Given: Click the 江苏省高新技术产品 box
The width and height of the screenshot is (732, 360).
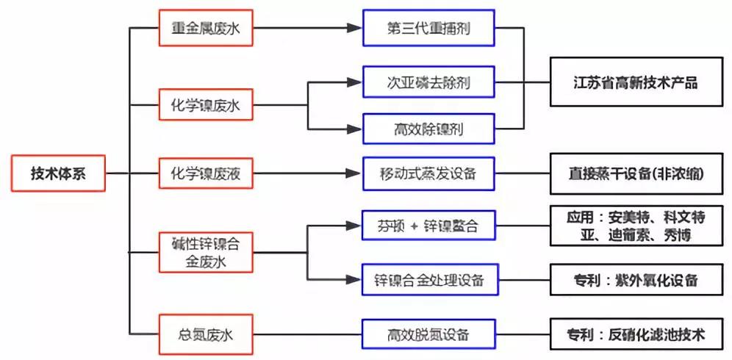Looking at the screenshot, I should coord(636,82).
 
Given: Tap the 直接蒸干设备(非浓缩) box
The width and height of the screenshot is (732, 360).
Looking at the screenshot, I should coord(636,175).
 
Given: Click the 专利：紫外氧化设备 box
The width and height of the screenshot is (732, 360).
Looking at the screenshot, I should coord(636,280).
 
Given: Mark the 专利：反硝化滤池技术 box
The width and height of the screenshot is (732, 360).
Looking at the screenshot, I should coord(636,335).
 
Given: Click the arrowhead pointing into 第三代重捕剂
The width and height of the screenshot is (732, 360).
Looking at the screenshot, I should coord(355,29).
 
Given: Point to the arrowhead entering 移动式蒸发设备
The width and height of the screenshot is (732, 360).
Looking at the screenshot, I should coord(355,174).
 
